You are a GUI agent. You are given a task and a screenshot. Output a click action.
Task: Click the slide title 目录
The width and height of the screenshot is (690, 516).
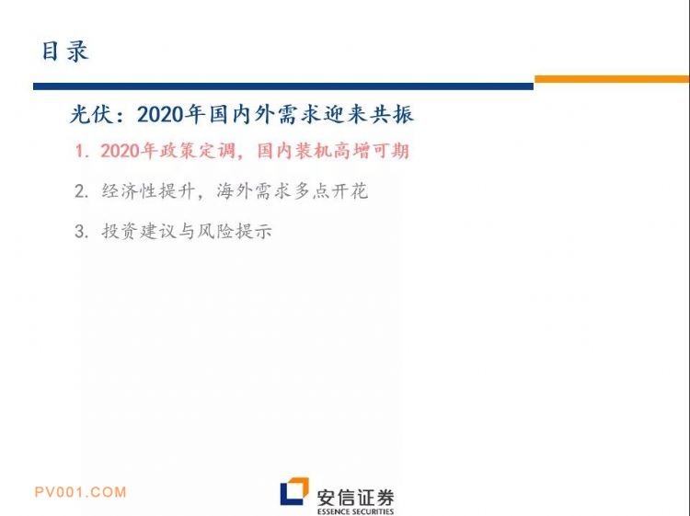[65, 51]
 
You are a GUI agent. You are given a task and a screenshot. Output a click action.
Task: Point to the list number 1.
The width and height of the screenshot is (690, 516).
[82, 152]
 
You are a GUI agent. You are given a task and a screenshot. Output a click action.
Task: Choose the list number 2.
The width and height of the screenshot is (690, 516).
[82, 191]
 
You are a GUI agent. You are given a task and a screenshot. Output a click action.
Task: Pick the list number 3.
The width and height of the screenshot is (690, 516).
[82, 232]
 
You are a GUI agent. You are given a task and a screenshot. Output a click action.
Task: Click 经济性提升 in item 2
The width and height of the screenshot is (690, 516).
[148, 191]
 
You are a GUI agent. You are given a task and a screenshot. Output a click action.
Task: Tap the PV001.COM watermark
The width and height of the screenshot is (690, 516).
[81, 492]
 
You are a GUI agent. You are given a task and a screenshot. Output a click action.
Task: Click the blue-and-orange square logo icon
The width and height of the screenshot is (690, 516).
[294, 491]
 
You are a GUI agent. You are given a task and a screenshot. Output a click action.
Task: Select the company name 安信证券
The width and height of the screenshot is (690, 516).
[355, 498]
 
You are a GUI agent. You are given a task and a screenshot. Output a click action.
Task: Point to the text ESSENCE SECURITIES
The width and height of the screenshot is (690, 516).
[355, 511]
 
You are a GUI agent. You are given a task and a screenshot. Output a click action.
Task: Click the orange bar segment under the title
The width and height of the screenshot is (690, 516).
[612, 79]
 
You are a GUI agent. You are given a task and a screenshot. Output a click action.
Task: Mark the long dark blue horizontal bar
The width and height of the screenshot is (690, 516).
[283, 86]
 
